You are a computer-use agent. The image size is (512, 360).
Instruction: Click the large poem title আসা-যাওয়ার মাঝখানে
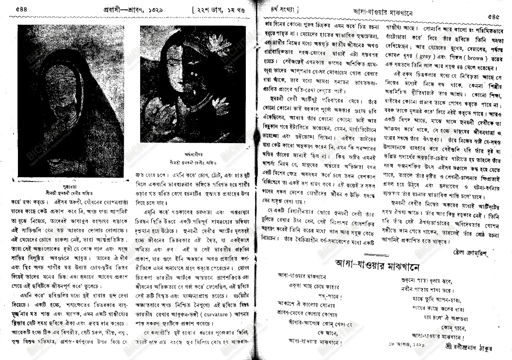[x=378, y=264]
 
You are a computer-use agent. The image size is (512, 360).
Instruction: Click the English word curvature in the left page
[x=208, y=310]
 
